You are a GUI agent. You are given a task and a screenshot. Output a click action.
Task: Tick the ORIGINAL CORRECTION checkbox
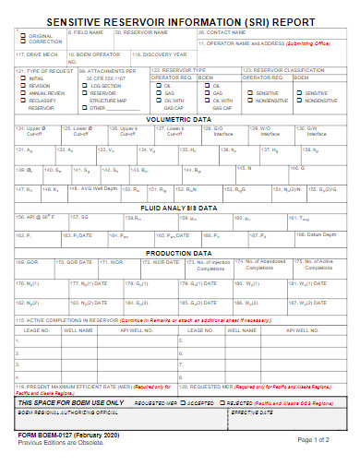(22, 33)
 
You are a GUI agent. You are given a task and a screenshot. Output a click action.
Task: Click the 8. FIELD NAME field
(90, 38)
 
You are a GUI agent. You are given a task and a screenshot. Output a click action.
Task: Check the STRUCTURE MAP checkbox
(83, 100)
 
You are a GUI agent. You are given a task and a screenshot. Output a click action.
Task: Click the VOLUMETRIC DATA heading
(179, 118)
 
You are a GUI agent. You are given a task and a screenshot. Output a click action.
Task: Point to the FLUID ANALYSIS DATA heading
(179, 208)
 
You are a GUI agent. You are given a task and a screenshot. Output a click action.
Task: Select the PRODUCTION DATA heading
(179, 252)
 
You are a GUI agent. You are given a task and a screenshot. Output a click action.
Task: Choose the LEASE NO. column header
(37, 329)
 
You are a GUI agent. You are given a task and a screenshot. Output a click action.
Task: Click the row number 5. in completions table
(19, 376)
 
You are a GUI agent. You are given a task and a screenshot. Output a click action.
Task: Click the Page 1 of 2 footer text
(320, 439)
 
